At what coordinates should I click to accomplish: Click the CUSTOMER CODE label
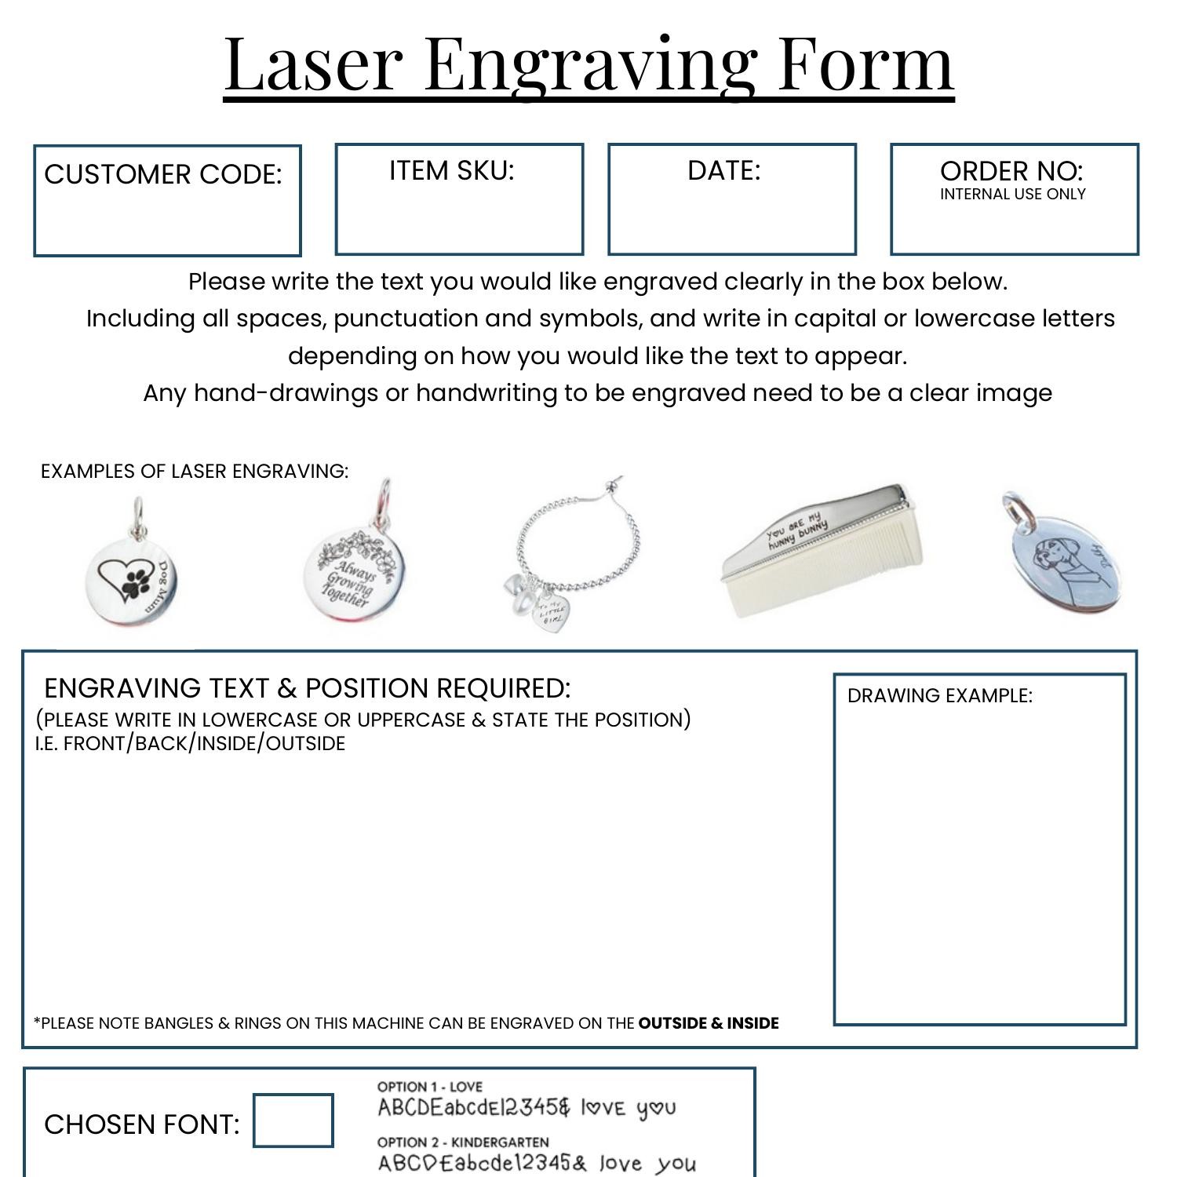click(x=162, y=174)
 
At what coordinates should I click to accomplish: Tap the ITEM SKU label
click(x=451, y=170)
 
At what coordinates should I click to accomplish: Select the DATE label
click(x=723, y=170)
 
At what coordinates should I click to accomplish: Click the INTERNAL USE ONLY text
click(x=1012, y=194)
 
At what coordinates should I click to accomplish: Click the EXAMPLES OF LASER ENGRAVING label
click(x=194, y=471)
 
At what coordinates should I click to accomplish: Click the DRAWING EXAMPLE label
click(x=939, y=696)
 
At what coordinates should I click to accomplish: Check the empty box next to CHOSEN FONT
click(x=293, y=1121)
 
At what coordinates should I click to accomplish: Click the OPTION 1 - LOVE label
click(x=429, y=1087)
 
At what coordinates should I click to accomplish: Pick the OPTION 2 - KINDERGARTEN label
click(x=462, y=1142)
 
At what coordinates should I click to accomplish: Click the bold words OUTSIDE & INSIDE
click(x=708, y=1023)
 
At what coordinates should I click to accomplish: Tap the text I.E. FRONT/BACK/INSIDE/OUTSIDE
click(x=190, y=744)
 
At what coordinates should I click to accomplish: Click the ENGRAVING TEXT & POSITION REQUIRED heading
click(x=307, y=688)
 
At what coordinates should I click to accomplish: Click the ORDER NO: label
click(x=1011, y=171)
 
